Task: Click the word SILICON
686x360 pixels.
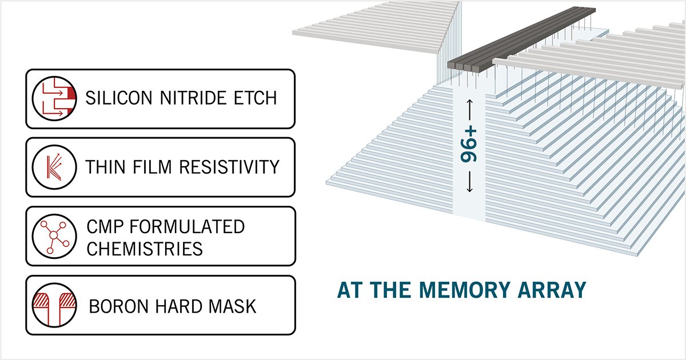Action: (119, 98)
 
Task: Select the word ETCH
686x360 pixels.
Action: (256, 98)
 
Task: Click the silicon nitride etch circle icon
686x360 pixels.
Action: (54, 98)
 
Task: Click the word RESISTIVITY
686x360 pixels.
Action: (229, 167)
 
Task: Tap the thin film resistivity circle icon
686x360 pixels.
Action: (54, 167)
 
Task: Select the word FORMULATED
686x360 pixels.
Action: (187, 227)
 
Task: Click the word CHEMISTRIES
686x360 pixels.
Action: (145, 249)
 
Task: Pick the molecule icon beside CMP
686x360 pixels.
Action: (54, 236)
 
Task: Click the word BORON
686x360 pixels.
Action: (118, 306)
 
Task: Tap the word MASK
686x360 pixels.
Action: (232, 306)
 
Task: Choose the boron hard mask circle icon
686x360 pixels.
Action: (54, 305)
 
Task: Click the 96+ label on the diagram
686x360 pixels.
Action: (469, 145)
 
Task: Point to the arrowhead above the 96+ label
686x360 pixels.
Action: (469, 102)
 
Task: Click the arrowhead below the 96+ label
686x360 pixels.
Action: (469, 190)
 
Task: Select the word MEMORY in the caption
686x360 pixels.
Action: (465, 290)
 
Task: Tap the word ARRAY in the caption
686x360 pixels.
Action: (552, 290)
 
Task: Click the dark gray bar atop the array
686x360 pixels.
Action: (521, 39)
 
